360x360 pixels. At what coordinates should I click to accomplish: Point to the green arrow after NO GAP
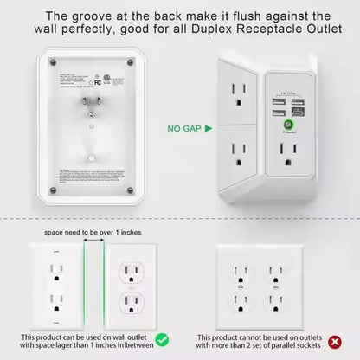coord(205,128)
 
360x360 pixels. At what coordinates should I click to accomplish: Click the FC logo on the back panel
coord(85,88)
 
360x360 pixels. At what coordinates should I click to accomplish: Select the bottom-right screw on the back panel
coord(130,189)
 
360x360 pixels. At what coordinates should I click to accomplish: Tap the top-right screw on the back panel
coord(130,61)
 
